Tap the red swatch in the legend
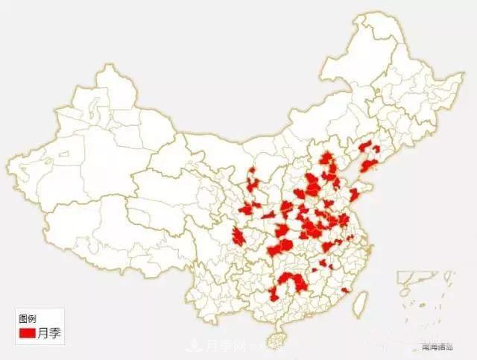point(28,333)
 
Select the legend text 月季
point(49,333)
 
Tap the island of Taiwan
point(358,300)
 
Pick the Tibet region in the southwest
point(97,216)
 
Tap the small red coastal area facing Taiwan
point(345,290)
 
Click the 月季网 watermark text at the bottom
point(224,346)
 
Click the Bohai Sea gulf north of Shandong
point(350,168)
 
